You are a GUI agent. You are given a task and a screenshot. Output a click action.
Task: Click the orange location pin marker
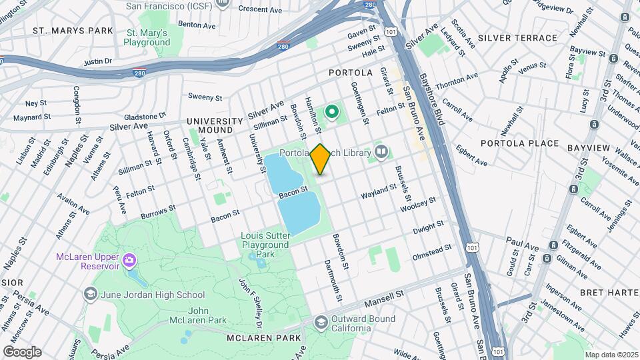(x=320, y=159)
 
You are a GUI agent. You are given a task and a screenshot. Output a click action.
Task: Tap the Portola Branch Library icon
(x=381, y=153)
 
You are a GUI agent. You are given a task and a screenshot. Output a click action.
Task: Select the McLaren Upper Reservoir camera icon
(x=130, y=258)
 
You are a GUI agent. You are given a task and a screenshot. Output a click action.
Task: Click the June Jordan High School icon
(x=90, y=294)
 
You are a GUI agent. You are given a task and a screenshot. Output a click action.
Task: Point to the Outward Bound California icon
(x=321, y=322)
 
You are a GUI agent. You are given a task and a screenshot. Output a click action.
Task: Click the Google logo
(x=22, y=352)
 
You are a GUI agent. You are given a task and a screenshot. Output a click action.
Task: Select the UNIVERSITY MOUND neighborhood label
(x=215, y=125)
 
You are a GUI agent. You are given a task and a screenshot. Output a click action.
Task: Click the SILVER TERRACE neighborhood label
(x=517, y=38)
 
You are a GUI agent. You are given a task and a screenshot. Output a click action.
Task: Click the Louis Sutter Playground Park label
(x=267, y=245)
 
